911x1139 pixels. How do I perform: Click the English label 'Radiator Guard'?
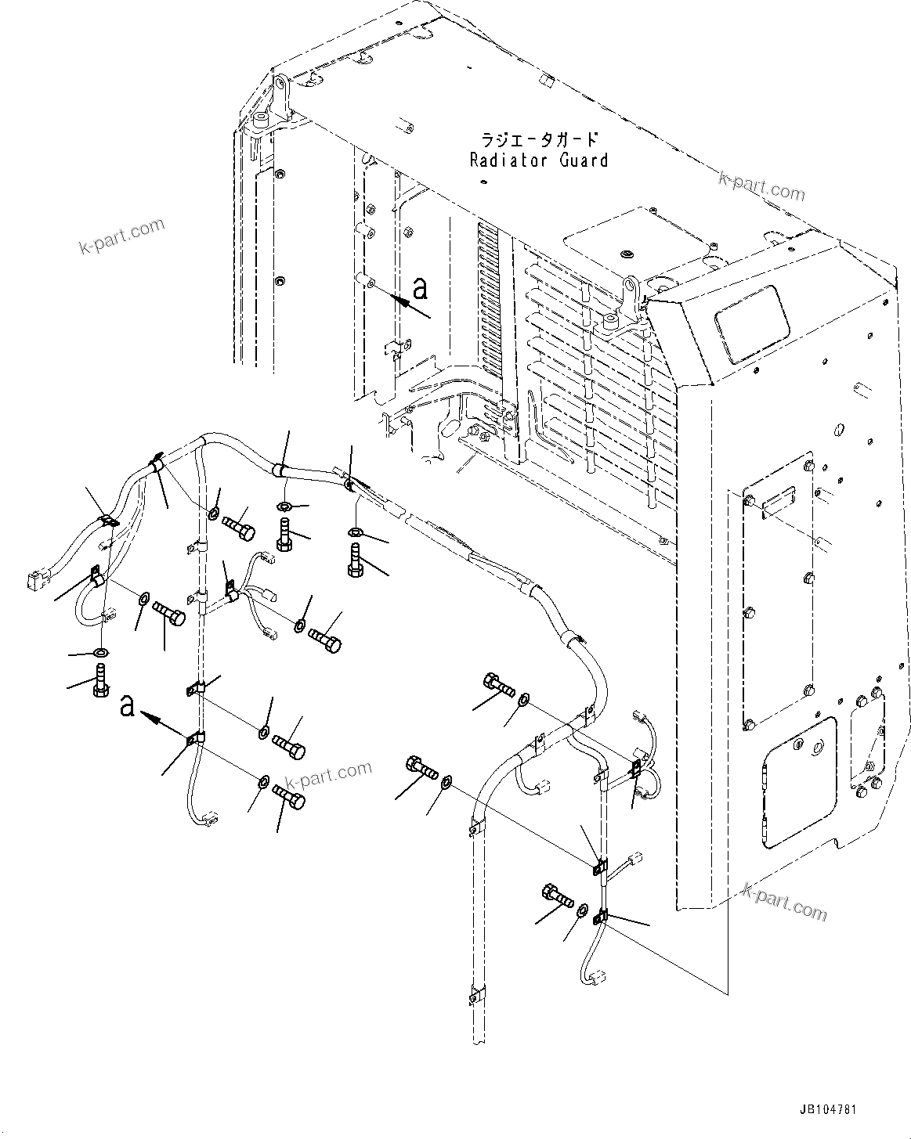538,160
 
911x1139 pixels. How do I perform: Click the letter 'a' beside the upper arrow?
421,289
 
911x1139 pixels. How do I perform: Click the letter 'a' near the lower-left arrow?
128,708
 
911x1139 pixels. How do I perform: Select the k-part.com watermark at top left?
122,237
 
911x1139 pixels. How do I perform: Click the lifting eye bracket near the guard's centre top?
633,294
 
